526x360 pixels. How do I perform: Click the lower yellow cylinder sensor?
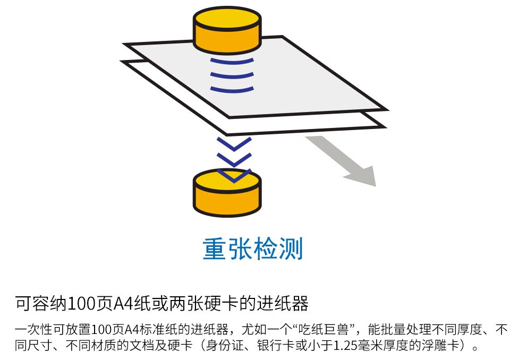(x=227, y=192)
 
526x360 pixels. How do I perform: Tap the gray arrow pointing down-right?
(x=343, y=160)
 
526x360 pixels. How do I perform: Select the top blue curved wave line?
(x=232, y=61)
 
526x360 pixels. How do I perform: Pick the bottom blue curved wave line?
(x=232, y=89)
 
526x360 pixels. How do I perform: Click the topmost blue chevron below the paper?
(x=234, y=144)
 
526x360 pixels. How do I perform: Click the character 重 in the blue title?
(x=215, y=248)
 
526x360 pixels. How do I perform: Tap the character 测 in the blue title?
(x=291, y=248)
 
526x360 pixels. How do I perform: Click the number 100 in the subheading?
(x=82, y=304)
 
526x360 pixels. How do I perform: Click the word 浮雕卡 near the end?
(x=440, y=345)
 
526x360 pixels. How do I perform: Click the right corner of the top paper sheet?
(x=387, y=109)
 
